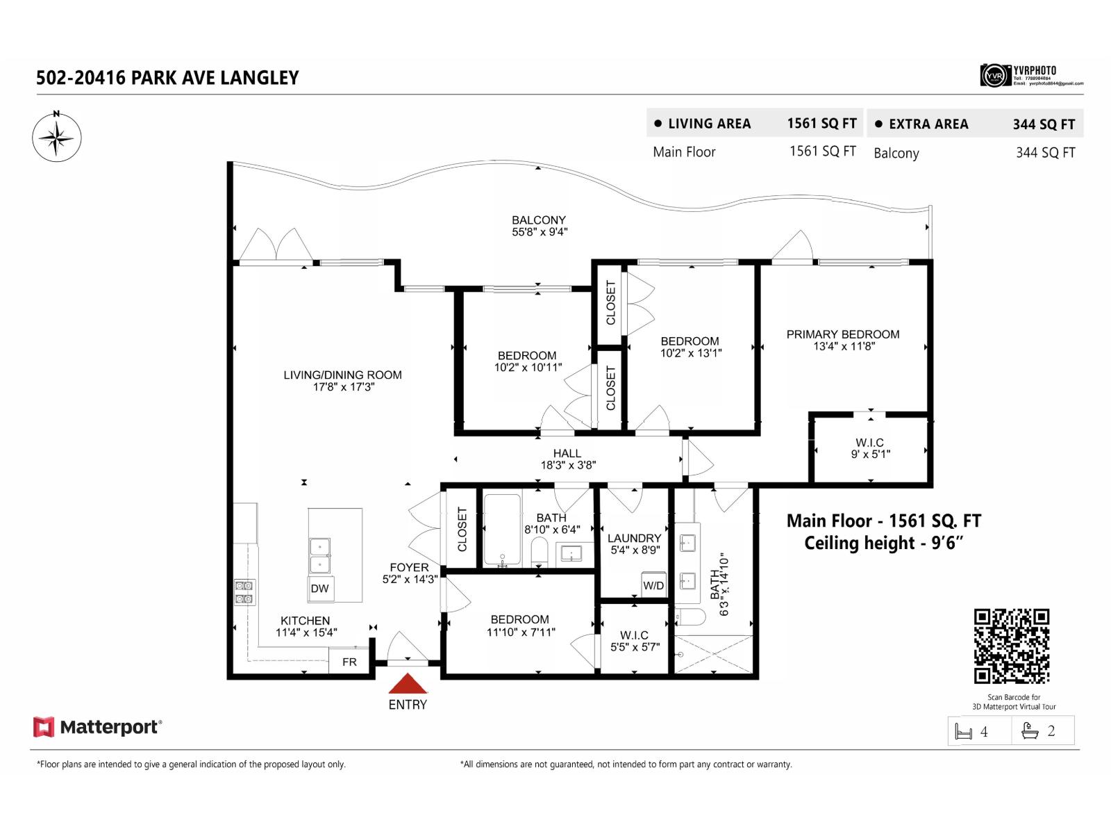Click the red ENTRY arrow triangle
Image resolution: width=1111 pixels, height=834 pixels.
[408, 684]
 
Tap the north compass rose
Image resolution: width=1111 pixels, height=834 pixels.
[57, 137]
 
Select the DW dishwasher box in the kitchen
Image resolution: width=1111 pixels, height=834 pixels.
[320, 588]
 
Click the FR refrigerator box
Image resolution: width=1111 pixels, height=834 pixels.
[349, 662]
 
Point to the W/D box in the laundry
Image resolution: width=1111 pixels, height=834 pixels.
[653, 585]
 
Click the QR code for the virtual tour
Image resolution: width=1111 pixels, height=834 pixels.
[1012, 646]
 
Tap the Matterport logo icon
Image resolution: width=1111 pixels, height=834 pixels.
[44, 727]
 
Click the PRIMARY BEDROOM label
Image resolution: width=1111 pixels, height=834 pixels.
[842, 334]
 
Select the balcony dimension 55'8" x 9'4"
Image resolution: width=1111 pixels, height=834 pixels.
[540, 232]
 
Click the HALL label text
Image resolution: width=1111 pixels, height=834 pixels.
[567, 453]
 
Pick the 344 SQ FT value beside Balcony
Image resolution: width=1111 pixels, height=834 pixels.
[1045, 153]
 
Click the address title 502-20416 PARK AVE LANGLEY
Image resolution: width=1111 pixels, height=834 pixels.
[167, 78]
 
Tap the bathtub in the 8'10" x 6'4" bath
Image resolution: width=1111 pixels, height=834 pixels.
[502, 530]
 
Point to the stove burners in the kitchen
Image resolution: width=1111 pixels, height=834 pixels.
[244, 592]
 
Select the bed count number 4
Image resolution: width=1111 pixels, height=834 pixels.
[984, 732]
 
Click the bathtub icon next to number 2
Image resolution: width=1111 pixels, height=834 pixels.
[1030, 731]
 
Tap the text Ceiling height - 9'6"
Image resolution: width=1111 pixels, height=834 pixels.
[883, 543]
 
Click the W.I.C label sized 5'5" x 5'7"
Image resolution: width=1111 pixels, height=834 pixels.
[634, 635]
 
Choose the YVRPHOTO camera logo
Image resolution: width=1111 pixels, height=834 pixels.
[994, 75]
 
